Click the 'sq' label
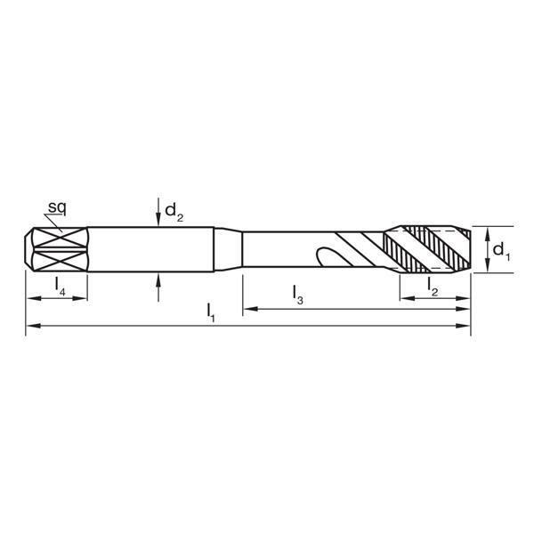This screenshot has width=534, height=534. click(58, 208)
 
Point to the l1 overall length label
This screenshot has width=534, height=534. click(211, 312)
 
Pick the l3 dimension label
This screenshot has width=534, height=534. click(298, 294)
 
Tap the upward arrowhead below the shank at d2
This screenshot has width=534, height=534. click(158, 279)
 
